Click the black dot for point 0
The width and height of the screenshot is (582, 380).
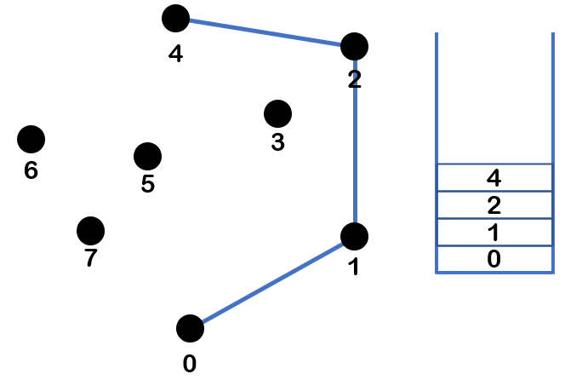[190, 328]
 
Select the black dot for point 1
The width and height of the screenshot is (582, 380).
[354, 236]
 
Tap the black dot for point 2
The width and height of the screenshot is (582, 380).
[354, 46]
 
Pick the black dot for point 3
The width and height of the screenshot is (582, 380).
[277, 112]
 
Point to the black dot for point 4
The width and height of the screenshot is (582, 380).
[175, 17]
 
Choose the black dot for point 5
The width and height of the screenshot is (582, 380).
[147, 156]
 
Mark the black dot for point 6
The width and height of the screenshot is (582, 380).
[31, 138]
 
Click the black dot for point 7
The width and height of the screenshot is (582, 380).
[90, 230]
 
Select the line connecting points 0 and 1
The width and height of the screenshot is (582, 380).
[272, 282]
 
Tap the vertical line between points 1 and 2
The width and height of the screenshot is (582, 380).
[354, 141]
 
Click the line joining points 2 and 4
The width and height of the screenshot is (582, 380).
[265, 32]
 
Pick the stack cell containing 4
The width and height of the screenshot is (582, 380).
[494, 178]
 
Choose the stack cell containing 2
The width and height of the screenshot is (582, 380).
[494, 205]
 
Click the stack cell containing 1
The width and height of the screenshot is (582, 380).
[494, 233]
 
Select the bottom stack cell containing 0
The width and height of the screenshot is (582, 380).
[494, 259]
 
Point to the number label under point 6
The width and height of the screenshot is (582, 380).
[31, 170]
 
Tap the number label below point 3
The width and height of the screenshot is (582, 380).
[277, 143]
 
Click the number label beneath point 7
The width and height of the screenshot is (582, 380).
[90, 259]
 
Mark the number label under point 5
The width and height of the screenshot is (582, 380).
[147, 185]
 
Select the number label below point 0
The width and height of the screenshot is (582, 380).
[190, 364]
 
